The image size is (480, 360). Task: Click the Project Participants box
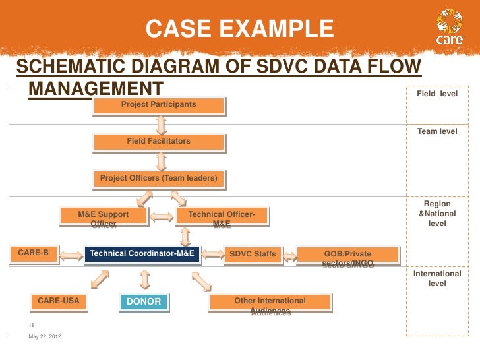click(x=158, y=105)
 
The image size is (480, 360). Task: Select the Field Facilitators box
click(x=158, y=142)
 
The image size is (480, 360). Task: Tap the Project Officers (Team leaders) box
click(x=158, y=179)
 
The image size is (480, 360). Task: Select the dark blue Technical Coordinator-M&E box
click(x=141, y=254)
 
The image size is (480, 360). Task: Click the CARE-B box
click(x=33, y=253)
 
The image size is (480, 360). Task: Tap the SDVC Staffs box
click(x=252, y=254)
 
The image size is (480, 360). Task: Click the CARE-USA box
click(x=59, y=301)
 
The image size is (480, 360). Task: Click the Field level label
click(x=437, y=95)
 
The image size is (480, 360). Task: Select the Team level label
click(x=437, y=132)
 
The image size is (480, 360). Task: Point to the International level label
click(x=437, y=278)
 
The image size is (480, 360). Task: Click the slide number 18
click(x=32, y=326)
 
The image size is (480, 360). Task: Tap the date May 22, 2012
click(x=45, y=338)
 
